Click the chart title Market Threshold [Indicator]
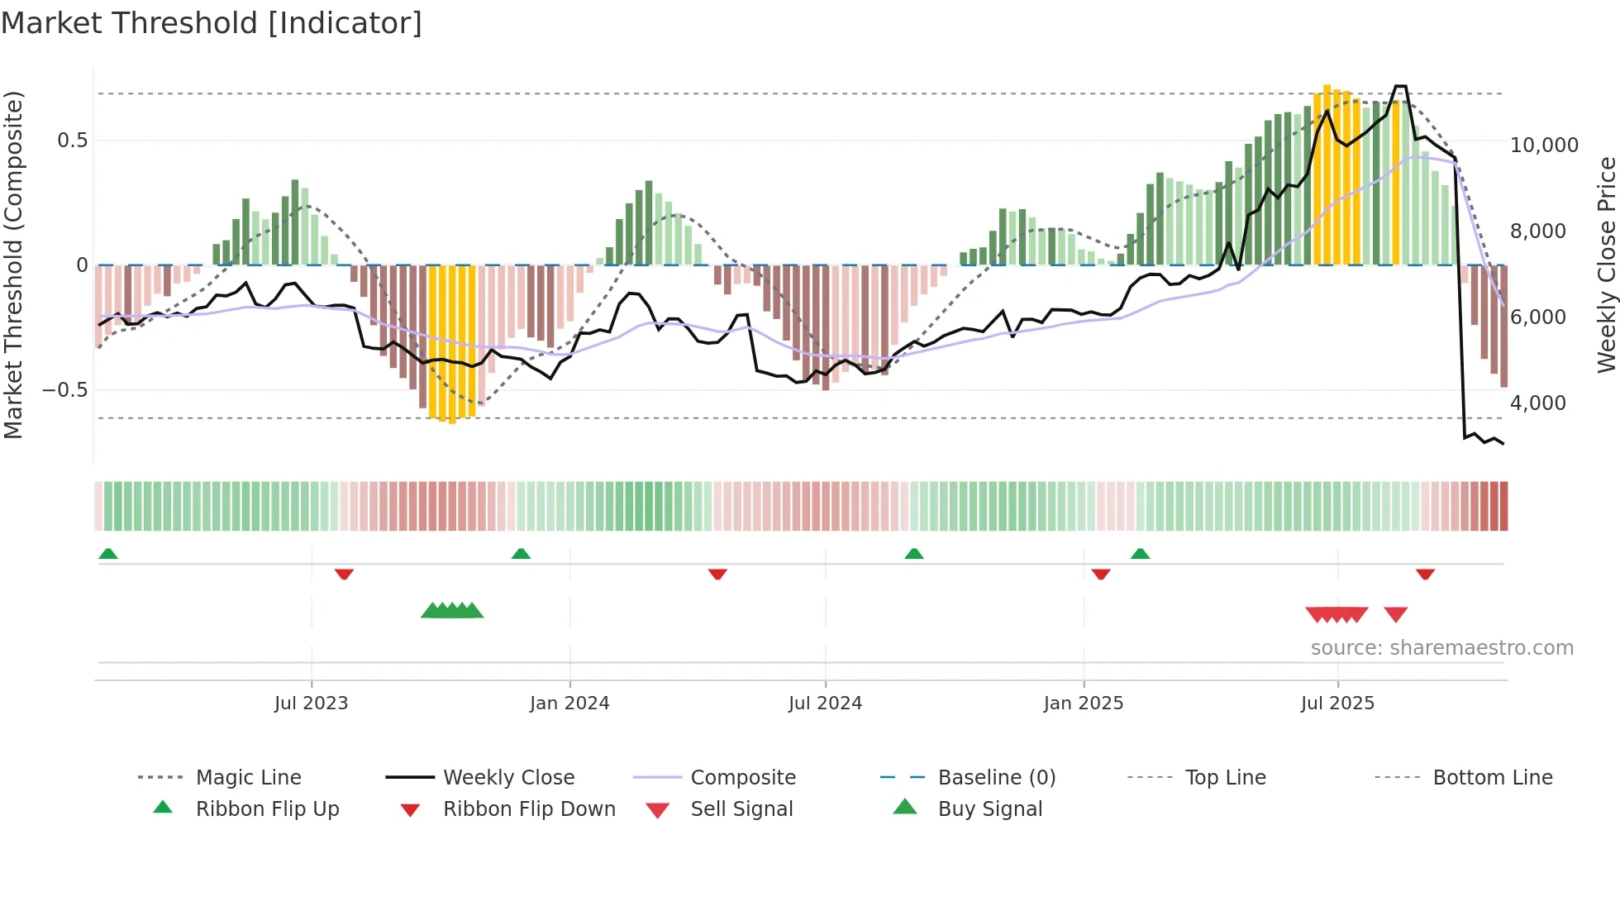coord(212,23)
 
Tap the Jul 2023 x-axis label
coord(311,704)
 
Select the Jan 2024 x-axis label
coord(569,704)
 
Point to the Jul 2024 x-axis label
coord(825,704)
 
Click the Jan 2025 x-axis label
coord(1084,704)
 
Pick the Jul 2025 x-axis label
coord(1337,704)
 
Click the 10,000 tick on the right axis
coord(1544,145)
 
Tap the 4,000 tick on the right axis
coord(1537,403)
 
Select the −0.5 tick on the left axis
coord(65,390)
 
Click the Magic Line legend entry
coord(248,778)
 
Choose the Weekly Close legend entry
coord(508,778)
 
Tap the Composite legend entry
coord(742,778)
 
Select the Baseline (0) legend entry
coord(996,778)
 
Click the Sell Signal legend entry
coord(741,809)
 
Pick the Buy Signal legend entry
coord(989,809)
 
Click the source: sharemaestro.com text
coord(1441,648)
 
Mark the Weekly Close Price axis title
coord(1606,265)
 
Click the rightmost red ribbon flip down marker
coord(1425,574)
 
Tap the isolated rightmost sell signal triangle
coord(1396,614)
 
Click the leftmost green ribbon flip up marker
coord(108,554)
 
